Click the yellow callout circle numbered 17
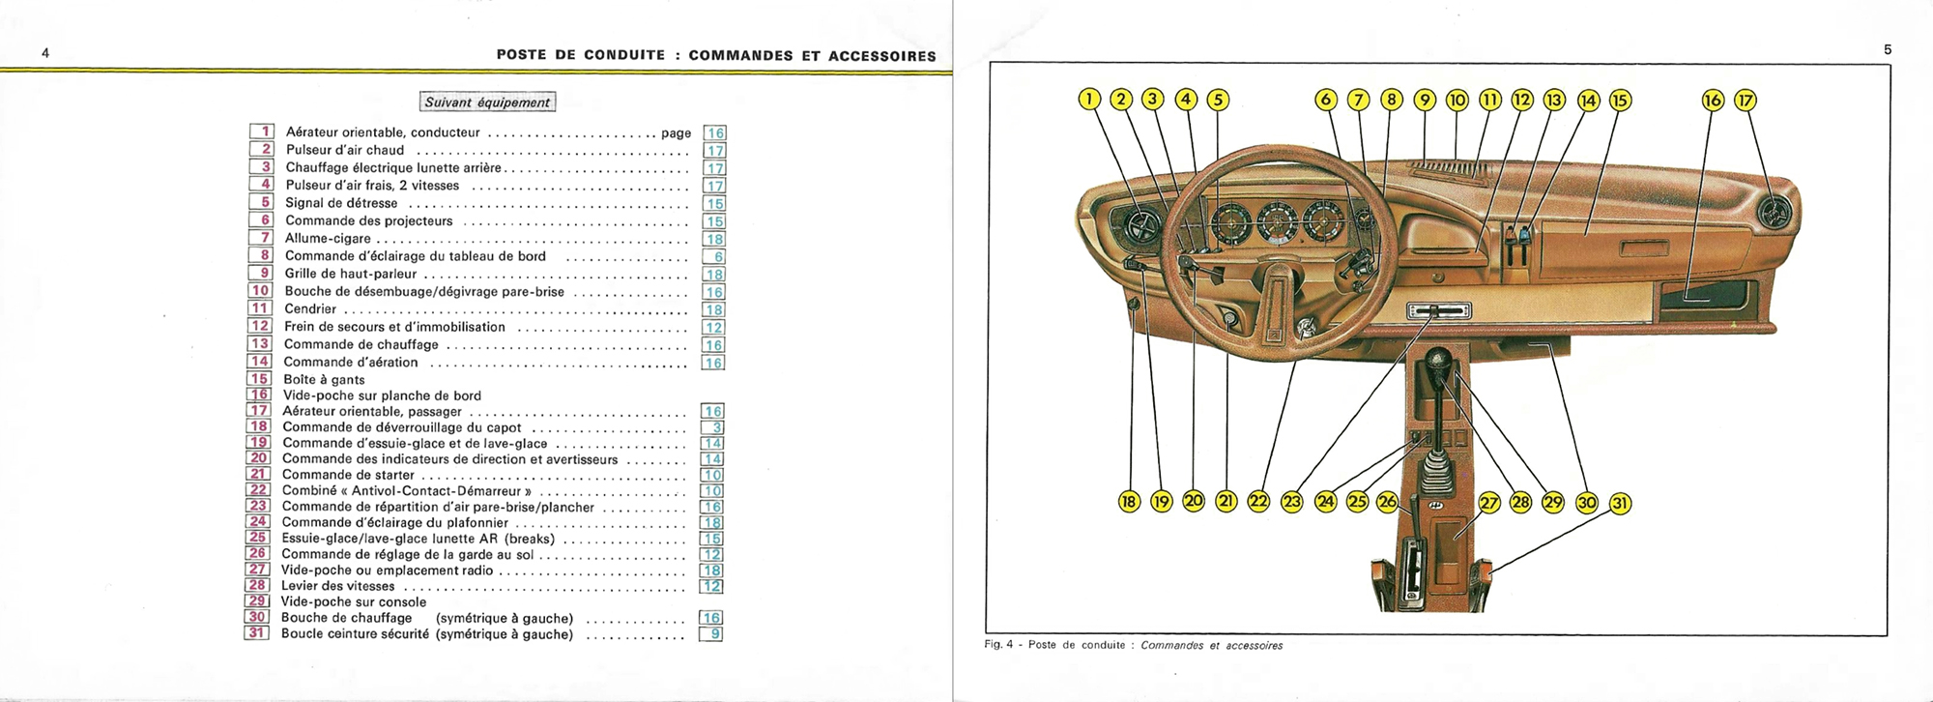click(1745, 100)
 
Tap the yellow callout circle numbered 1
click(1088, 99)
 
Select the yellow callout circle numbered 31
click(1619, 503)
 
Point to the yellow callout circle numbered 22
click(1258, 501)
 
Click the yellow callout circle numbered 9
click(1424, 100)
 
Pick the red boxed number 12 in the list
click(260, 326)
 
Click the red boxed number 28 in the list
click(257, 585)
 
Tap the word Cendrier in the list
click(310, 309)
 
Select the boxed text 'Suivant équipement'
click(488, 102)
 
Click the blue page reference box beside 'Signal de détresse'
click(714, 203)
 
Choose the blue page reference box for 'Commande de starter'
click(712, 475)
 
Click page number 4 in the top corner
click(45, 53)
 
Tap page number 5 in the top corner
click(1887, 49)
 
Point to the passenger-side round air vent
click(1774, 213)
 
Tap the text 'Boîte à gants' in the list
click(324, 380)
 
